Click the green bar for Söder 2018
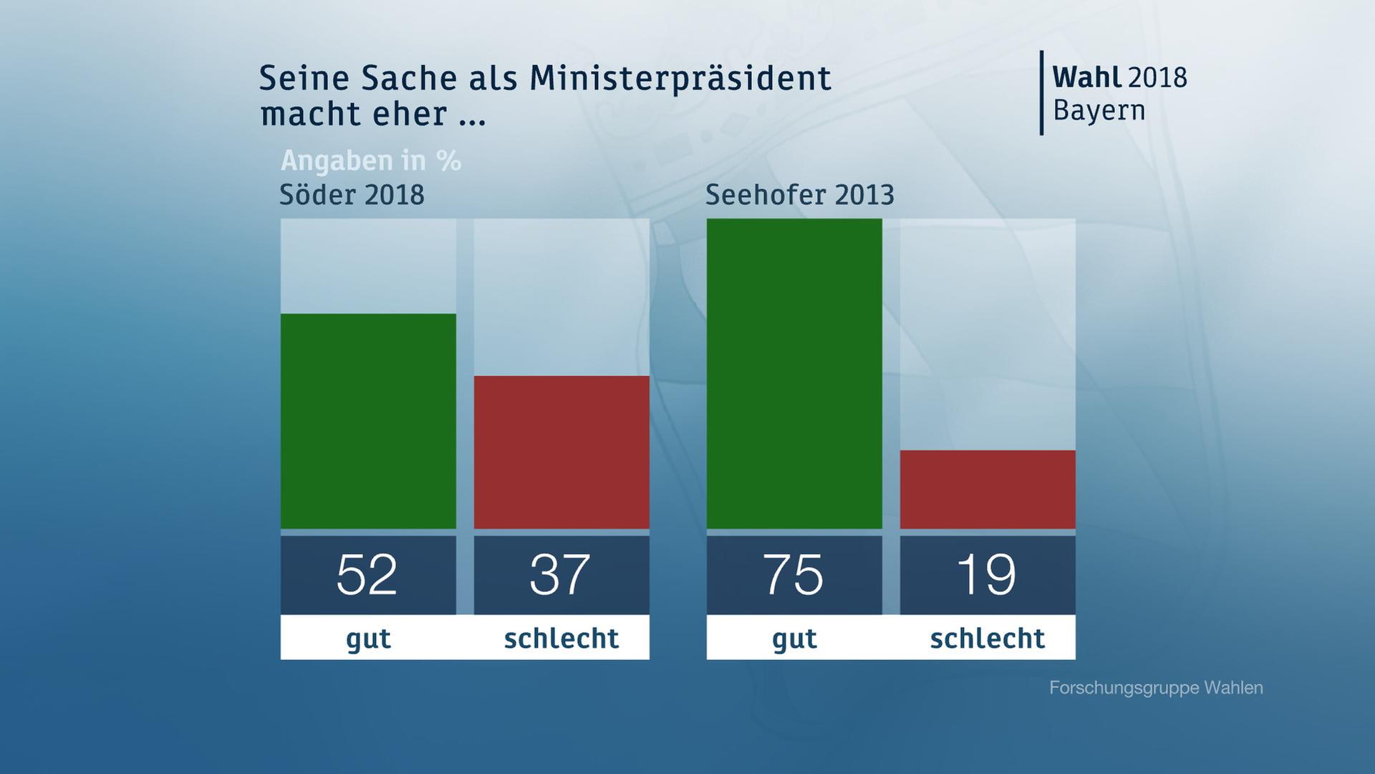tap(368, 421)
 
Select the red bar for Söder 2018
tap(561, 452)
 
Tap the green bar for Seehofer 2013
tap(794, 373)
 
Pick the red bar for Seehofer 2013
tap(988, 489)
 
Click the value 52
tap(367, 575)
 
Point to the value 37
tap(560, 575)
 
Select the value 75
tap(793, 575)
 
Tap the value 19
tap(986, 575)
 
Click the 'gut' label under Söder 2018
tap(368, 638)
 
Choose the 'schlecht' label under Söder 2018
tap(561, 638)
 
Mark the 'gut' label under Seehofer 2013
tap(794, 638)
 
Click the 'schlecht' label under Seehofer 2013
tap(988, 638)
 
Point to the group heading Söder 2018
tap(352, 195)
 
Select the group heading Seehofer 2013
tap(800, 195)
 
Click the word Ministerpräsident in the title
tap(680, 79)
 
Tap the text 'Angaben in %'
tap(371, 161)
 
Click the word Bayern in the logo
tap(1099, 111)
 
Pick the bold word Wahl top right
tap(1086, 77)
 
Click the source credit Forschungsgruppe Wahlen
tap(1156, 688)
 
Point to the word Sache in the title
tap(408, 79)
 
